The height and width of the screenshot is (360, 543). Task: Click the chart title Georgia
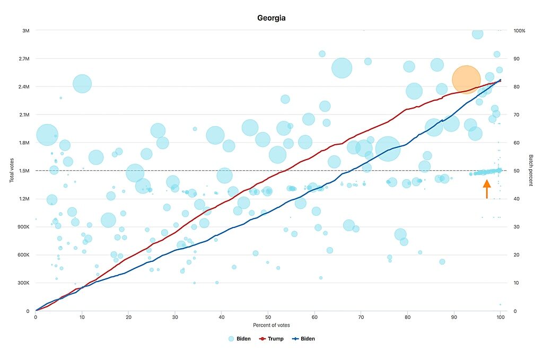pyautogui.click(x=271, y=18)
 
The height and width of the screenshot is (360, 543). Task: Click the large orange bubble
pyautogui.click(x=466, y=80)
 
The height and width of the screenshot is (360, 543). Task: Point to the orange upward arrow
pyautogui.click(x=487, y=189)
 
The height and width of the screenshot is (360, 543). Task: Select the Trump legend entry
pyautogui.click(x=271, y=339)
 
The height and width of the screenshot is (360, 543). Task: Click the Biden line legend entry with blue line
pyautogui.click(x=304, y=339)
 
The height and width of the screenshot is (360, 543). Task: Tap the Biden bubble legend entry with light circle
pyautogui.click(x=239, y=339)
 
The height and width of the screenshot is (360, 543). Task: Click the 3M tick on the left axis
pyautogui.click(x=26, y=31)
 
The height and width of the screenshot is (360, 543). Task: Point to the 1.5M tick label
pyautogui.click(x=24, y=171)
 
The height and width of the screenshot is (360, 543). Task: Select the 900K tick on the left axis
pyautogui.click(x=23, y=227)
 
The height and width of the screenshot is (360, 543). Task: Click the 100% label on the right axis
pyautogui.click(x=519, y=31)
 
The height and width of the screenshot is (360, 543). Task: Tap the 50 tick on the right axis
pyautogui.click(x=516, y=171)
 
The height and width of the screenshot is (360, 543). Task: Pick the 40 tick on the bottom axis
pyautogui.click(x=222, y=317)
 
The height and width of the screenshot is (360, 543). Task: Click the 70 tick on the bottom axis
pyautogui.click(x=361, y=317)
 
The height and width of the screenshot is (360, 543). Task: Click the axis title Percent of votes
pyautogui.click(x=271, y=325)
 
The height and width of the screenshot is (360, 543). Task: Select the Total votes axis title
pyautogui.click(x=12, y=170)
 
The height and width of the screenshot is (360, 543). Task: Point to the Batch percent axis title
pyautogui.click(x=530, y=170)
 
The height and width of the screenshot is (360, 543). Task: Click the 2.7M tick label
pyautogui.click(x=24, y=59)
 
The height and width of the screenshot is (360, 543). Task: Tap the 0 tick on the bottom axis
pyautogui.click(x=36, y=317)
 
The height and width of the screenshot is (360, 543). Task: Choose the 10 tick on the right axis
pyautogui.click(x=516, y=283)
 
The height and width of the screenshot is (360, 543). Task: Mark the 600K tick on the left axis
pyautogui.click(x=23, y=255)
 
